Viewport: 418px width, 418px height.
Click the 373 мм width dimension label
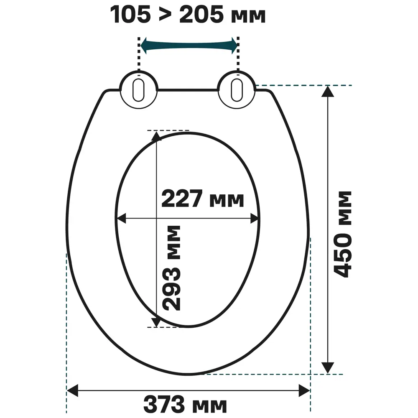tap(185, 405)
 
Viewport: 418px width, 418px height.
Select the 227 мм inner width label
tap(202, 199)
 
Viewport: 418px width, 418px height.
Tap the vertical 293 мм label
tap(171, 268)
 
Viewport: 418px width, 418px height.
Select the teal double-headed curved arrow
tap(189, 46)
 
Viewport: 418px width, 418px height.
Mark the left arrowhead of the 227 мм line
tap(121, 218)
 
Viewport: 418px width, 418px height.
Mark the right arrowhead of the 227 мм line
tap(255, 218)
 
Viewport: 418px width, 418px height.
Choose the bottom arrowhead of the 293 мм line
tap(156, 322)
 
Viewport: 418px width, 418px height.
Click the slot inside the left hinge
tap(139, 89)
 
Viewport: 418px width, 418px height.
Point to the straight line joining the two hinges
tap(188, 89)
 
